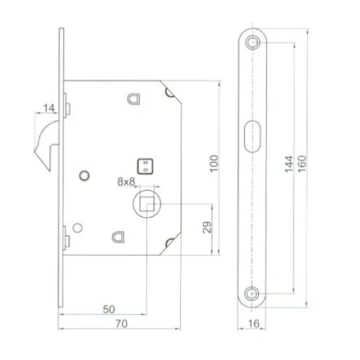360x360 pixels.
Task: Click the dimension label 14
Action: pos(49,108)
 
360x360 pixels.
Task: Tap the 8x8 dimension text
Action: pos(126,182)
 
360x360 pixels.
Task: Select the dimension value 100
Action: pos(214,163)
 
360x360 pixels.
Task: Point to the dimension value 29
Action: pos(207,227)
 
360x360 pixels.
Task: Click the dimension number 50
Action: pos(109,309)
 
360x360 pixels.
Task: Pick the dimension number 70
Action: pos(122,324)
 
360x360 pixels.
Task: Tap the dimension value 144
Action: pos(289,164)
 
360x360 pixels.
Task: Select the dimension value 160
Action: pos(302,163)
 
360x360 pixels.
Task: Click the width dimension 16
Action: pos(253,324)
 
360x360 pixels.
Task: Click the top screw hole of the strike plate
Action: pos(253,42)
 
